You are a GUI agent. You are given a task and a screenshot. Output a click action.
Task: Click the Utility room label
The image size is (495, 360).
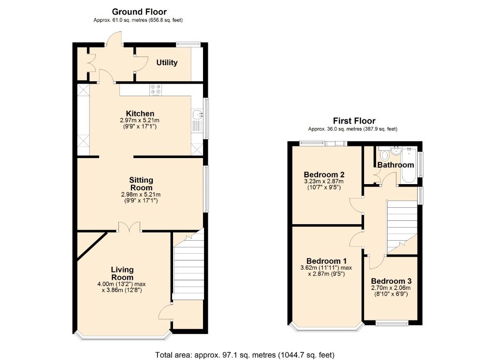[x=167, y=63]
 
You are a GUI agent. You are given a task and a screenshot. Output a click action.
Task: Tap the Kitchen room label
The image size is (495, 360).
[x=140, y=114]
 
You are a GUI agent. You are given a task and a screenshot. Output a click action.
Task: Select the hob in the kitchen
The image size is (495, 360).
[x=156, y=90]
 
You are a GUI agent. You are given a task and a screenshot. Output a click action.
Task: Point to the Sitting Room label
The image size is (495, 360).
[x=141, y=184]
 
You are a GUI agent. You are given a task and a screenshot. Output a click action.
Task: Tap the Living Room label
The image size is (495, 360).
[x=122, y=274]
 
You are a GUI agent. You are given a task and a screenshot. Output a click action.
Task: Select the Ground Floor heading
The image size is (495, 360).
[x=139, y=12]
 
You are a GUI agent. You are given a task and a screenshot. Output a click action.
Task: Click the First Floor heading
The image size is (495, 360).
[x=354, y=121]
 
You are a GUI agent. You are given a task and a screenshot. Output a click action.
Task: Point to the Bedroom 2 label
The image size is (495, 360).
[x=323, y=174]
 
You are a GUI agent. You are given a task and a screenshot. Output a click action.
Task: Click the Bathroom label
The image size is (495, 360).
[x=395, y=165]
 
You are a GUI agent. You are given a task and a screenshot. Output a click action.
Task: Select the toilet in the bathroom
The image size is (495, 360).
[x=385, y=156]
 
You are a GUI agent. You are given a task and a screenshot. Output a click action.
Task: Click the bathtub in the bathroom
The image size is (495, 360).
[x=409, y=164]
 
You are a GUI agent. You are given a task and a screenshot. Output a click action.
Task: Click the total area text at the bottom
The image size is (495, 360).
[x=245, y=355]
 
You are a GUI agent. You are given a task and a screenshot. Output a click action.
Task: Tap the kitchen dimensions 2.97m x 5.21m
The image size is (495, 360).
[x=140, y=120]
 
